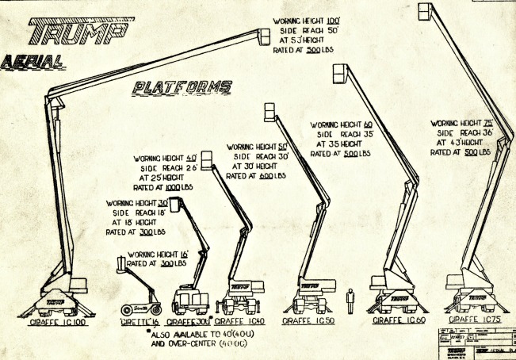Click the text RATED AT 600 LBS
click(256, 176)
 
